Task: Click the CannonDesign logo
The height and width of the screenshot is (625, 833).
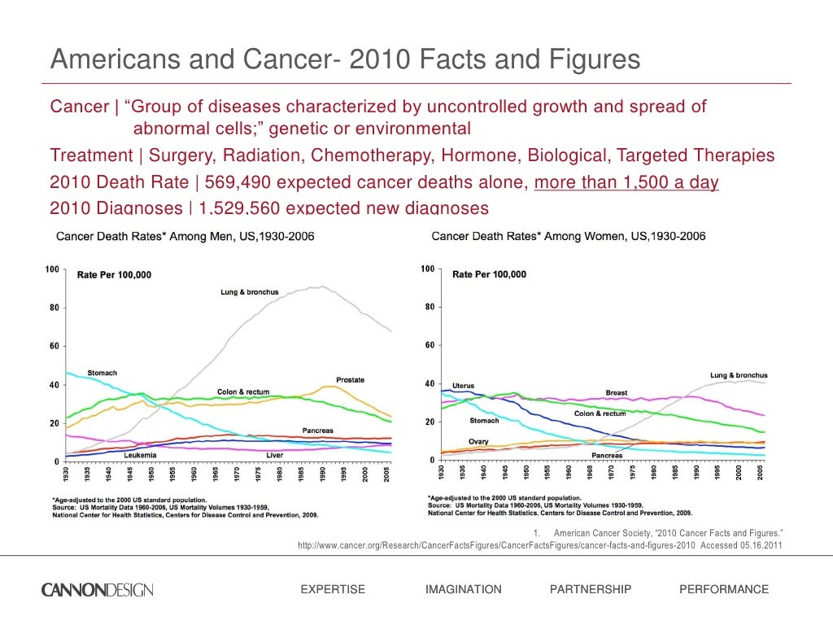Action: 97,589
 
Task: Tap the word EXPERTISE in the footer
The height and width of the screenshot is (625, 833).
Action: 333,589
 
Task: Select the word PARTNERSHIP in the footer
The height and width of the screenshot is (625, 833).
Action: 591,589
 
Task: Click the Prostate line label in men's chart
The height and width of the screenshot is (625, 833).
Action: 350,380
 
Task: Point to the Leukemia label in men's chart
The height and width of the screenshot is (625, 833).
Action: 140,454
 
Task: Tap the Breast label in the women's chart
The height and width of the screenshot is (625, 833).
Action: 617,392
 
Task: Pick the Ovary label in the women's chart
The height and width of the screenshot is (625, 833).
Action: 478,441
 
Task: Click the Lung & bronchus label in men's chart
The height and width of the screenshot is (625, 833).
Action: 249,292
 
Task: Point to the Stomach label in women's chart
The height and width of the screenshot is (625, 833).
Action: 485,421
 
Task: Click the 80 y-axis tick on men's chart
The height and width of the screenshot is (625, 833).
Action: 50,308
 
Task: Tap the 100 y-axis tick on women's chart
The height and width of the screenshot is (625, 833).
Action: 427,269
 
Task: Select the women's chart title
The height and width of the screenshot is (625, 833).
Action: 568,236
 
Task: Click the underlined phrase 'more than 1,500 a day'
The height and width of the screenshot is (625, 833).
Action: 626,182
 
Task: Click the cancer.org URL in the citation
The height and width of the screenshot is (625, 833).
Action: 497,546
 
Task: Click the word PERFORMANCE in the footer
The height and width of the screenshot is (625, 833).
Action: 723,589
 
